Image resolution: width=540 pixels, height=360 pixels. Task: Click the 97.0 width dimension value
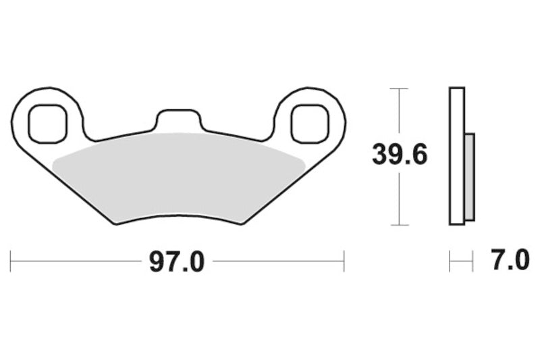177,261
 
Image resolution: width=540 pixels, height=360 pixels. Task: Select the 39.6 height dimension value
399,156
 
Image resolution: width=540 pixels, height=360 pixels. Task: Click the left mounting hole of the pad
48,124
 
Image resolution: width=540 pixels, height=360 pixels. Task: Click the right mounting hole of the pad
310,124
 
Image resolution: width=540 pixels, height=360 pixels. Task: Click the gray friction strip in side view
470,177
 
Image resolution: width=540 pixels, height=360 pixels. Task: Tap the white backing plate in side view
457,156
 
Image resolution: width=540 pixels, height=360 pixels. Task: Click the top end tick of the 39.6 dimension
400,88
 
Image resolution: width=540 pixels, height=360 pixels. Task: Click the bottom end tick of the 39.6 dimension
400,224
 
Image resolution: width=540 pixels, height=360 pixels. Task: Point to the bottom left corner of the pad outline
117,224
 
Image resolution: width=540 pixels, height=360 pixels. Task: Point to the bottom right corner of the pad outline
241,224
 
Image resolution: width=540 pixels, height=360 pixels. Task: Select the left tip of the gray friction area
54,161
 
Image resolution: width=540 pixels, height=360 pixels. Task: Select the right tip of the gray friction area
304,161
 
